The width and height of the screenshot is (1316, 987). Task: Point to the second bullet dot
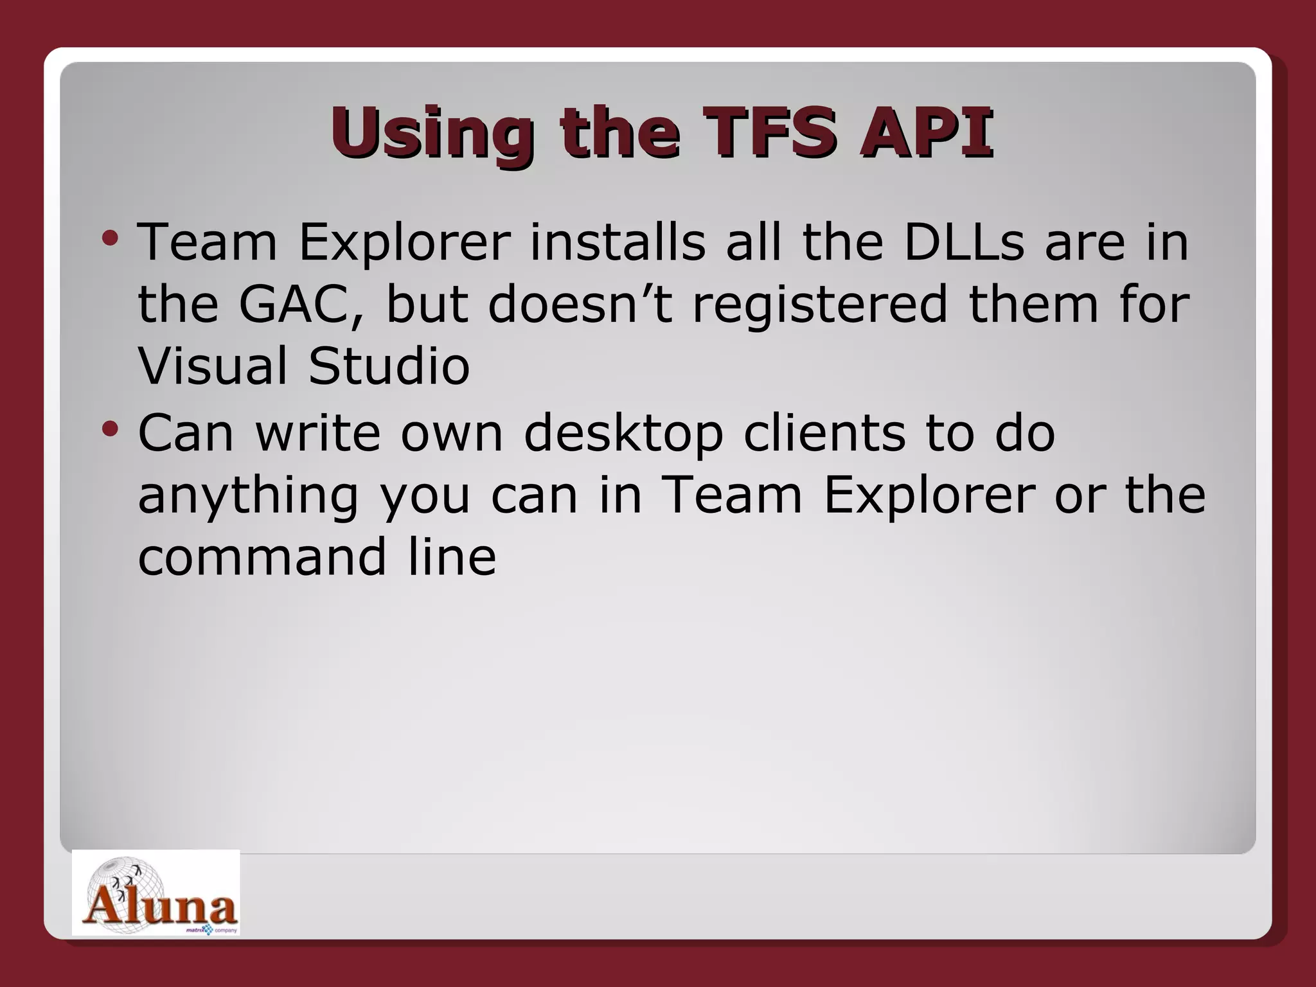tap(110, 429)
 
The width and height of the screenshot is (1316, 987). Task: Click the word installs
tap(617, 242)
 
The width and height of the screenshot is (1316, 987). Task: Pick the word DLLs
tap(964, 242)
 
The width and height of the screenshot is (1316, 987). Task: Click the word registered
tap(819, 305)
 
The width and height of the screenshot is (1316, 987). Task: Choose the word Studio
tap(389, 366)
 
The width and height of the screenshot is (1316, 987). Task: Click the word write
tap(318, 433)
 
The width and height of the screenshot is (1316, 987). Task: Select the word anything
tap(247, 497)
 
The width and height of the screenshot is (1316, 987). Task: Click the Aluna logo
tap(156, 893)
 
